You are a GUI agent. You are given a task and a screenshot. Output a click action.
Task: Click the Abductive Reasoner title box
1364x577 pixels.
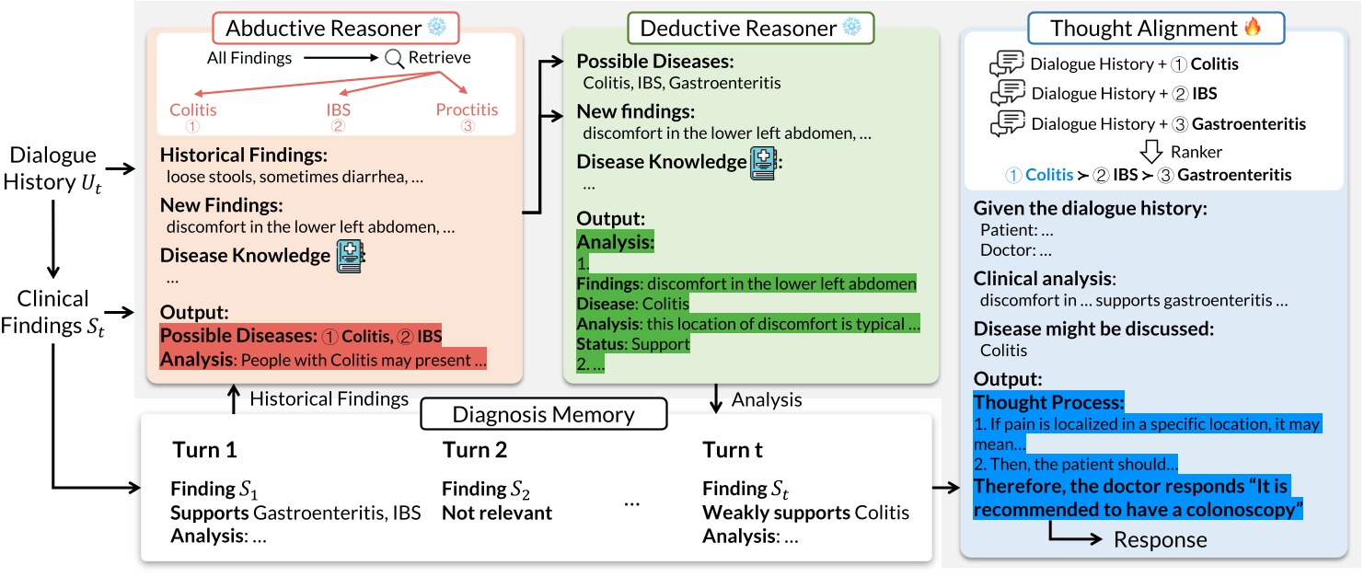click(329, 27)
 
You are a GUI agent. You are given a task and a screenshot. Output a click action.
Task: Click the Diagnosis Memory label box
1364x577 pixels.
click(543, 414)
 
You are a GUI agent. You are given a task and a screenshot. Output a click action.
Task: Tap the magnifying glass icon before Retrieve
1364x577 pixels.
click(394, 58)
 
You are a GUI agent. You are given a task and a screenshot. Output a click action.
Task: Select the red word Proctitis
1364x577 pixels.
click(467, 110)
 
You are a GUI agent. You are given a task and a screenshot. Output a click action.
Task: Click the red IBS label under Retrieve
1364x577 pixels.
click(338, 110)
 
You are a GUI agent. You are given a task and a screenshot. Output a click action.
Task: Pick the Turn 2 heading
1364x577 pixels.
click(474, 450)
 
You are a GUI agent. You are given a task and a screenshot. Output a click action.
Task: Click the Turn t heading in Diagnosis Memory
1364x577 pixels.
click(733, 450)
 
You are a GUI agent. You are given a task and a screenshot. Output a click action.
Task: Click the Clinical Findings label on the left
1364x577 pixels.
click(53, 311)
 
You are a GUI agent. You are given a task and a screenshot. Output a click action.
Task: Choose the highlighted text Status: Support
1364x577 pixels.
click(633, 344)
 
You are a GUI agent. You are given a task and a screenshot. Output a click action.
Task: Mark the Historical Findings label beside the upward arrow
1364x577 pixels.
click(329, 398)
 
